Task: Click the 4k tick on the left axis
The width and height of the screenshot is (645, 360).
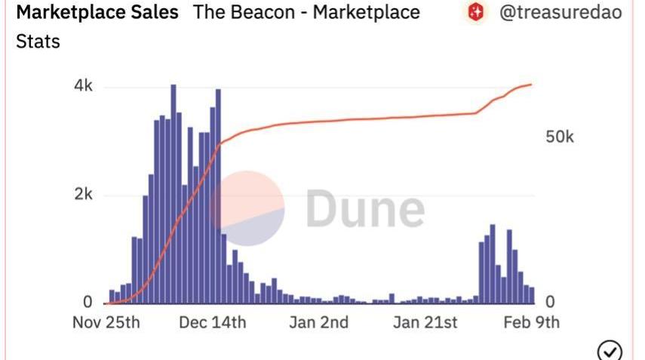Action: point(82,87)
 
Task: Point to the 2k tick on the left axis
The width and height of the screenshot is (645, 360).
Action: point(82,195)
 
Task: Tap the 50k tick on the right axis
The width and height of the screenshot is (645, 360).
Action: point(560,137)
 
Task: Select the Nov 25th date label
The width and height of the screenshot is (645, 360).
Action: point(106,322)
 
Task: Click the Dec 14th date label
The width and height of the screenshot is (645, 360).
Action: point(213,322)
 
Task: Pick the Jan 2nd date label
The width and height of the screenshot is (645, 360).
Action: point(319,322)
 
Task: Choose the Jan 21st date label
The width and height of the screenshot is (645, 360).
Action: point(425,322)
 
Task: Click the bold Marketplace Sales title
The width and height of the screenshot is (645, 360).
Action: point(97,13)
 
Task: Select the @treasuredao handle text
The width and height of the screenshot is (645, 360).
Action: point(561,13)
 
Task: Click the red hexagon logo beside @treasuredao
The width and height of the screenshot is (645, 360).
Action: point(475,13)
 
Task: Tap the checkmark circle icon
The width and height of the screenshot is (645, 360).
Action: point(610,350)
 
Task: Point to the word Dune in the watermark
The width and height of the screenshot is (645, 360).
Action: point(365,209)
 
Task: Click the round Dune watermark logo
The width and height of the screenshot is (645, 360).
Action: point(247,208)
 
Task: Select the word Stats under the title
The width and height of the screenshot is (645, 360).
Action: point(37,41)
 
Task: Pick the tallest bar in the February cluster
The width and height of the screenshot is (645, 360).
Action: point(493,264)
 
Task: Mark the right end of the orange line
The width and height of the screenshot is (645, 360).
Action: point(532,85)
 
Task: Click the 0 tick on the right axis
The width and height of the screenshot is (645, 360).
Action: point(550,301)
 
